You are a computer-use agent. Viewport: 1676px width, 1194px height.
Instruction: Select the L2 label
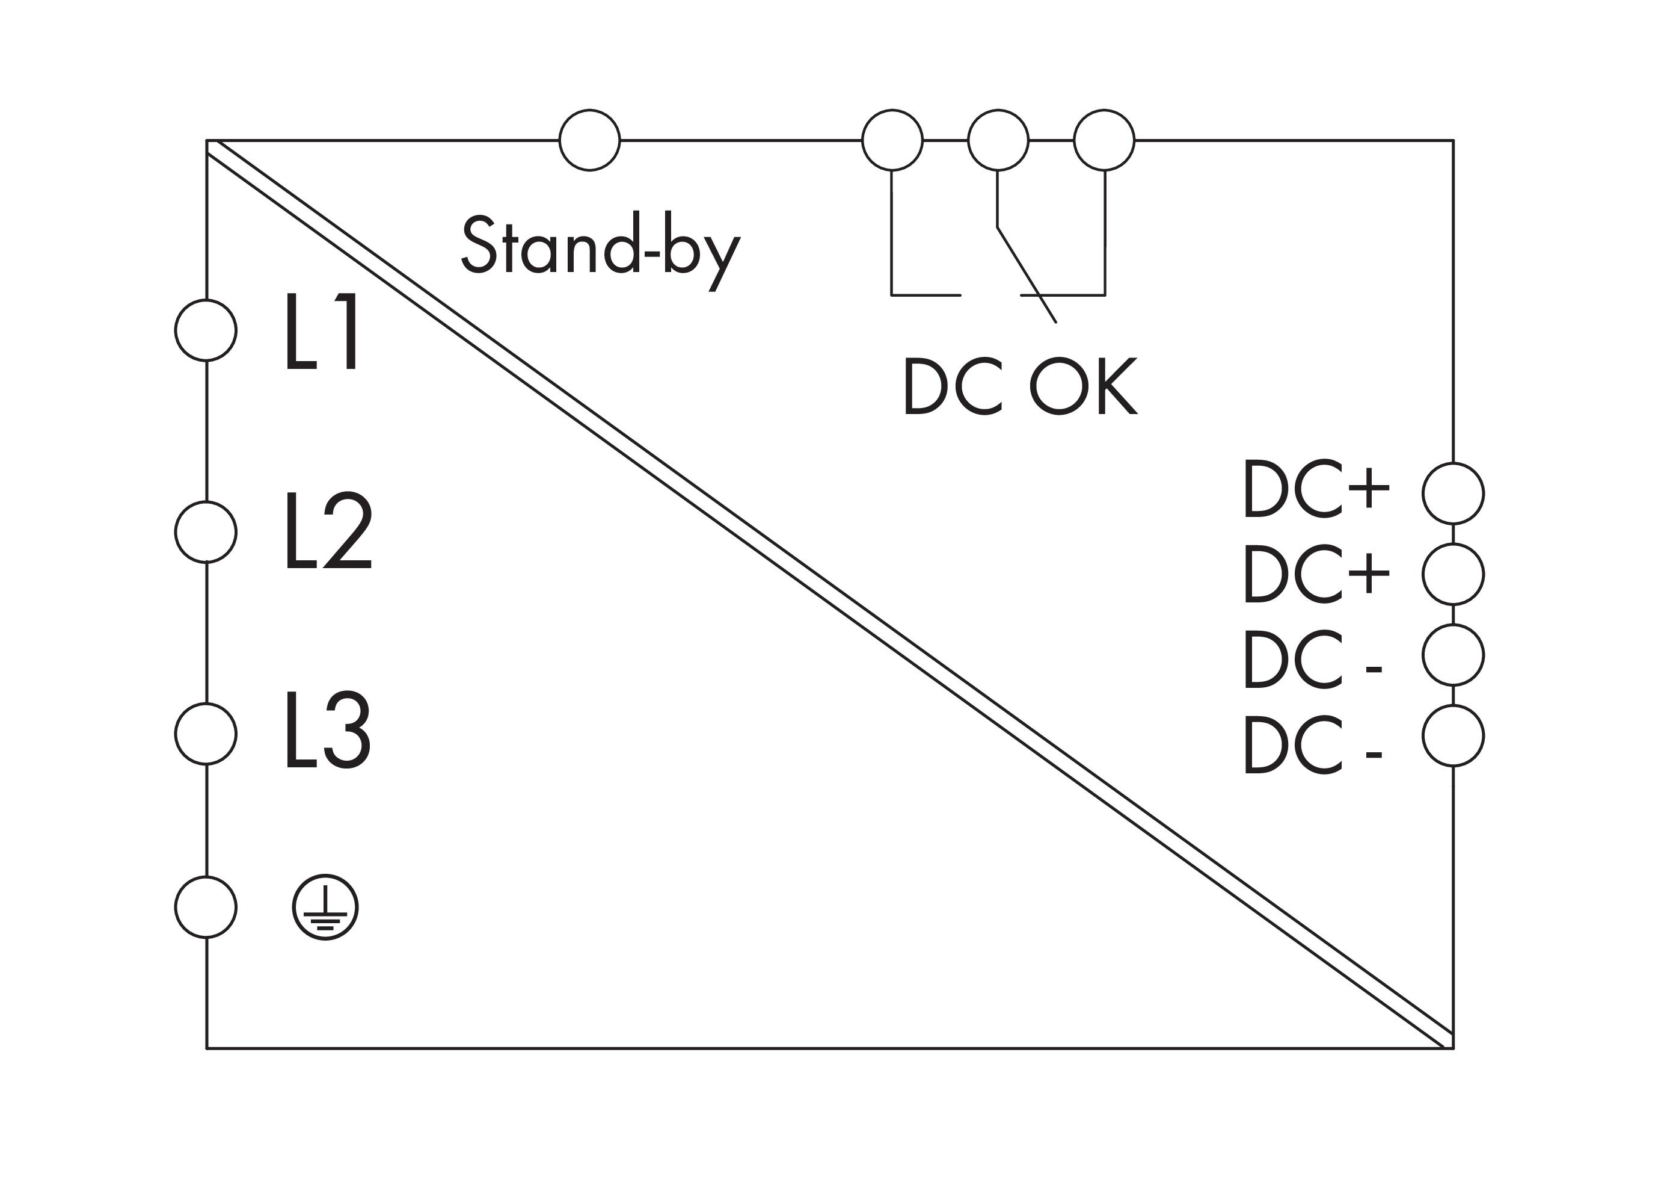click(328, 531)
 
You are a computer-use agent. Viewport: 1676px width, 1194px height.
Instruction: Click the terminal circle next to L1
click(206, 330)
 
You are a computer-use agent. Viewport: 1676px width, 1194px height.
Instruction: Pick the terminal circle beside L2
click(206, 531)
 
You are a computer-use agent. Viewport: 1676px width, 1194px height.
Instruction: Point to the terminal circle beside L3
click(206, 733)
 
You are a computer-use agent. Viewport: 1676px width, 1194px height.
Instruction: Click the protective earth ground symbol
click(325, 908)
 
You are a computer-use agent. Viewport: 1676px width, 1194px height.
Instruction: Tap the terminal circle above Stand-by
click(589, 140)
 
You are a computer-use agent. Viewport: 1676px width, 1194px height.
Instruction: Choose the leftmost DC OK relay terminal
click(892, 140)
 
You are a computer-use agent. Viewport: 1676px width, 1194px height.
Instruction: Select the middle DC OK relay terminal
click(998, 140)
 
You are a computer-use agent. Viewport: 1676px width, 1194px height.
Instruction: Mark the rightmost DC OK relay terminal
click(1104, 140)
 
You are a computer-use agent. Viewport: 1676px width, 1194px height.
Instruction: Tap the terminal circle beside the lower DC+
click(1453, 574)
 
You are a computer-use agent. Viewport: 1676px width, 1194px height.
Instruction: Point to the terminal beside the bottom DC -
click(1453, 735)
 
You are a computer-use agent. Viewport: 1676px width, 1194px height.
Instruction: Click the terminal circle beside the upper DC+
click(1453, 493)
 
